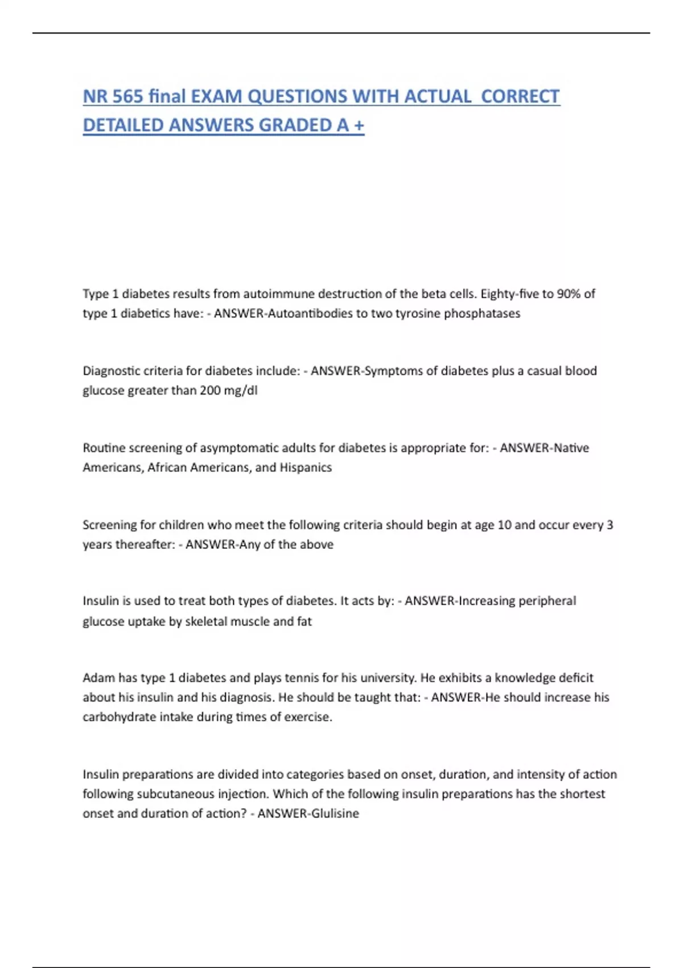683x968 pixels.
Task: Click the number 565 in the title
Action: (x=127, y=96)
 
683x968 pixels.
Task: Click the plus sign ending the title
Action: (x=359, y=125)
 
